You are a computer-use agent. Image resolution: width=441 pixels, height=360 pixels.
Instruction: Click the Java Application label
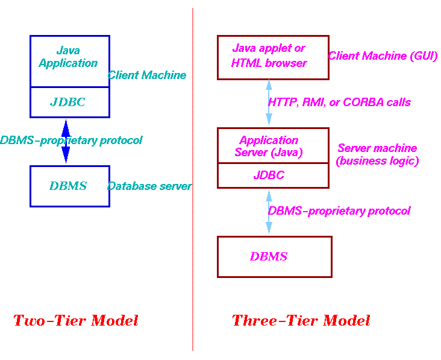pos(68,57)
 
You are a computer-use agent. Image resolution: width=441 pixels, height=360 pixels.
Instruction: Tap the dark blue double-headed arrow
pos(66,141)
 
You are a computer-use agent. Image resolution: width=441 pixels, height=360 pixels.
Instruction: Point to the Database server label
pos(149,186)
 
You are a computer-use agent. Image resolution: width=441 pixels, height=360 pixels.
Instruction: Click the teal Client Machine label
pos(147,75)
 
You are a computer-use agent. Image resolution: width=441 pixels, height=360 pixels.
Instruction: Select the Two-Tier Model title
pos(76,320)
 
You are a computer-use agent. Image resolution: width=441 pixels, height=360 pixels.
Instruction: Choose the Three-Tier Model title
pos(301,320)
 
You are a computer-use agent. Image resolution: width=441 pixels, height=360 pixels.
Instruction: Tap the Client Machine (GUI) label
pos(383,55)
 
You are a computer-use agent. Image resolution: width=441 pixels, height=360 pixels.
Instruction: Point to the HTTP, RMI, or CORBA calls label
pos(339,102)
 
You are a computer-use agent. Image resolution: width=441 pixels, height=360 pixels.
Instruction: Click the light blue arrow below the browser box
pos(269,103)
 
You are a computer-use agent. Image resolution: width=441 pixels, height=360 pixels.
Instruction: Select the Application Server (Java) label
pos(269,146)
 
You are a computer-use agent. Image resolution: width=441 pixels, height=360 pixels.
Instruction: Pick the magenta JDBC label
pos(269,175)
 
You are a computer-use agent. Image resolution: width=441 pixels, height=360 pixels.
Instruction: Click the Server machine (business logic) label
pos(377,154)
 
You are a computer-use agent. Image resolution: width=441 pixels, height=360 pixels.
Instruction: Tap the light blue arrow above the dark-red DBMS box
pos(269,212)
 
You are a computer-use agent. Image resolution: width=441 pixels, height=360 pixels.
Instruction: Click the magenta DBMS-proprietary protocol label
pos(339,211)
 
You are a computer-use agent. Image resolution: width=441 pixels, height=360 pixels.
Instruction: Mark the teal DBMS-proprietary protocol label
pos(71,140)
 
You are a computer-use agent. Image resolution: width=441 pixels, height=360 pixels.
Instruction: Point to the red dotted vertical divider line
pos(193,179)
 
